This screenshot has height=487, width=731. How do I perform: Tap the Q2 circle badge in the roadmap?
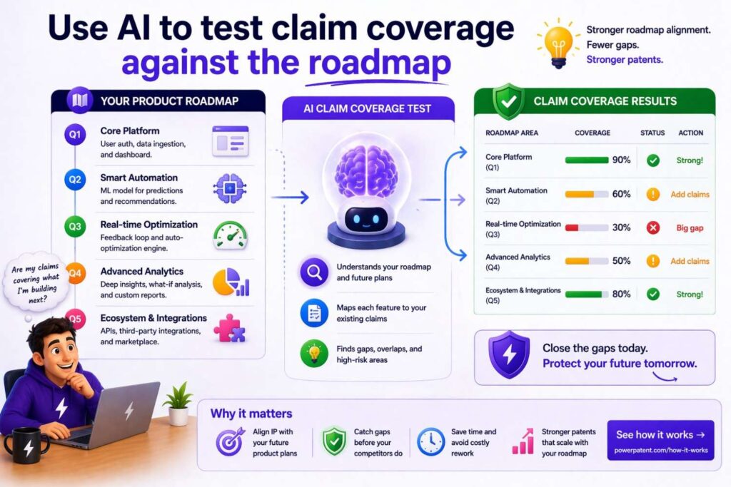coord(74,180)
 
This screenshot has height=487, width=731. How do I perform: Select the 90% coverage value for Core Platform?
coord(621,160)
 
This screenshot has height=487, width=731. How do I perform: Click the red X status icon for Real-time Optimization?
coord(652,227)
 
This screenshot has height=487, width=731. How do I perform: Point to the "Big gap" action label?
coord(690,228)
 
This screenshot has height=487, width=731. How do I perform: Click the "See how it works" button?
coord(660,440)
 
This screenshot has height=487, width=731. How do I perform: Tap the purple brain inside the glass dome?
coord(365,171)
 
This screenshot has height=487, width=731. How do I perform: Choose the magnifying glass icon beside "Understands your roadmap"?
coord(314,272)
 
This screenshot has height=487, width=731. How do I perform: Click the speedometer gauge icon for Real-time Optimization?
coord(230,235)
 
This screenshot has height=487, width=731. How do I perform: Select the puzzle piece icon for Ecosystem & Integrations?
coord(230,327)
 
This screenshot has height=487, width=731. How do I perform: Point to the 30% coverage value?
coord(621,227)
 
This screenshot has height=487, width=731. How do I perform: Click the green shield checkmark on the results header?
coord(508,101)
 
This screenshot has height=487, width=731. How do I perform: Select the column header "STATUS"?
coord(652,133)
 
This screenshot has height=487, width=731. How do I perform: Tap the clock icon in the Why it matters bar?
coord(430,441)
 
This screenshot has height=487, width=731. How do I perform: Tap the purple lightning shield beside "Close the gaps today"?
coord(508,354)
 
